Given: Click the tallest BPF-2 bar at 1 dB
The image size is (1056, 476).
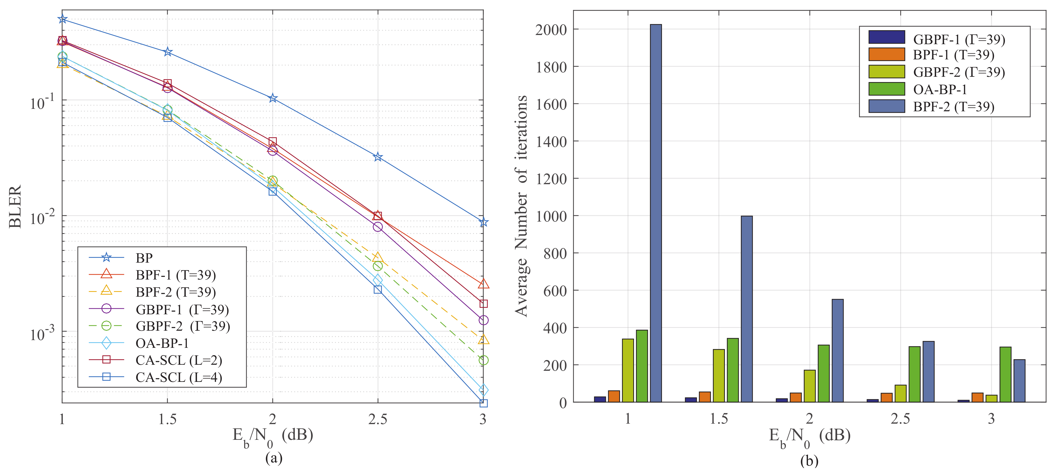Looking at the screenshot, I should (x=655, y=213).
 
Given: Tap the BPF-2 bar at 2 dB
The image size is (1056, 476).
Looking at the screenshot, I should (x=838, y=350).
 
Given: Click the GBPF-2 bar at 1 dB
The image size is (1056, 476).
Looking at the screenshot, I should (x=628, y=370).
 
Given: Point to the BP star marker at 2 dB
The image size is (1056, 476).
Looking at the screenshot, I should (x=273, y=98).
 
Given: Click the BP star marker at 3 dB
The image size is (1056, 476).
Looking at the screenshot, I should (x=483, y=222).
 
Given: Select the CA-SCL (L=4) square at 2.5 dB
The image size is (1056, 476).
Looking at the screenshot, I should (x=378, y=289).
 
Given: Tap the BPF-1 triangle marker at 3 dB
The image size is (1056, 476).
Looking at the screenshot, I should (x=483, y=284).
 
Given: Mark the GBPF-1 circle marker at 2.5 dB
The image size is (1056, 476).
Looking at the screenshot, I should (x=378, y=227).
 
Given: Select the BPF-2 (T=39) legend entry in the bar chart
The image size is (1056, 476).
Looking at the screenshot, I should (x=953, y=107).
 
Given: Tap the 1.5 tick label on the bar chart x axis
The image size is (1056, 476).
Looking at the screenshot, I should (x=719, y=419).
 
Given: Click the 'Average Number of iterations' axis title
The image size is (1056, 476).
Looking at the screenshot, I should (x=521, y=206).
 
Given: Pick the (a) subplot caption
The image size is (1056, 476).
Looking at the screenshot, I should (x=274, y=458).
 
